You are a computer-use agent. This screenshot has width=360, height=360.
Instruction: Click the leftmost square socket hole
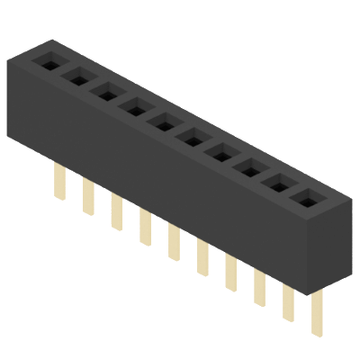point(49,63)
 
